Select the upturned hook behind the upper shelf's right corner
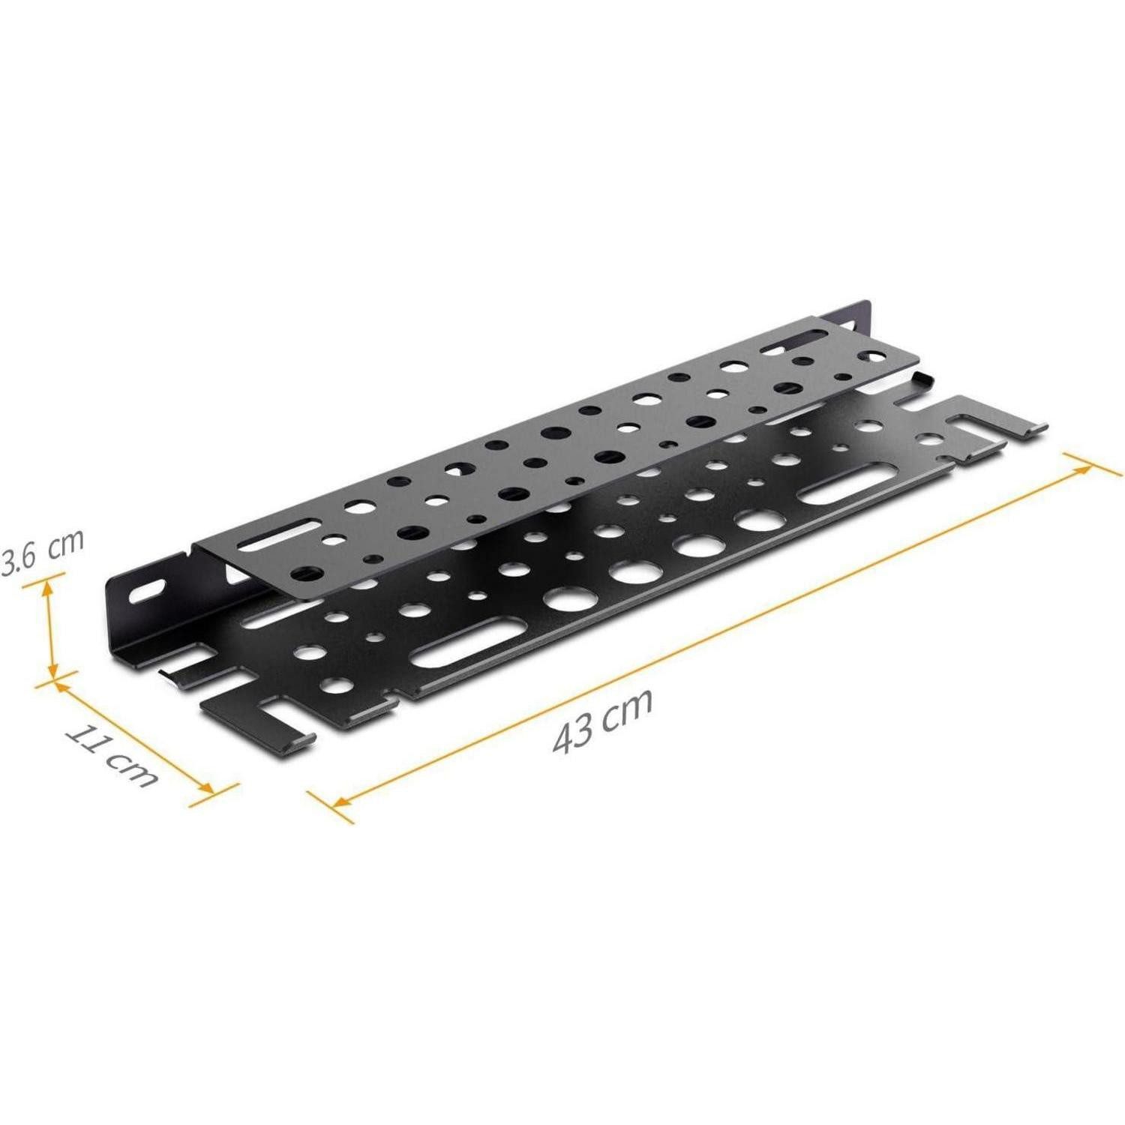tap(923, 376)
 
